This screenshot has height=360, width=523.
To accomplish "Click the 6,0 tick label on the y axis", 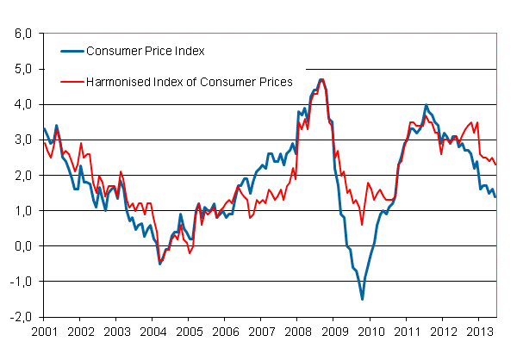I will (22, 34).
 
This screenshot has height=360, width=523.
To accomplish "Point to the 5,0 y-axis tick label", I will (22, 69).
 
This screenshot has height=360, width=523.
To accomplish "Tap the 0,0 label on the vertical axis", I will (22, 245).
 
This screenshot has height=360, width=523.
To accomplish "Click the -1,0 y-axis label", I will (20, 281).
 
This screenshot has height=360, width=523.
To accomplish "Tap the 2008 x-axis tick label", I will (297, 331).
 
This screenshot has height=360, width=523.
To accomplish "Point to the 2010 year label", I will (370, 331).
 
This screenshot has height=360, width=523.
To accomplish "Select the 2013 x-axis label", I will (478, 331).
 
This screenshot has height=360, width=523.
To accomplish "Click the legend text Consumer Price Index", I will (145, 51).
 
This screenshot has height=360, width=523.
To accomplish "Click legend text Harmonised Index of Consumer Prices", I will (190, 82).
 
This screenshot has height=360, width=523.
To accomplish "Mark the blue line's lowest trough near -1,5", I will (362, 299).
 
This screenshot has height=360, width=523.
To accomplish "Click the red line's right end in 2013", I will (495, 164).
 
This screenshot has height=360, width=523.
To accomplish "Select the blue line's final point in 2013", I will (495, 196).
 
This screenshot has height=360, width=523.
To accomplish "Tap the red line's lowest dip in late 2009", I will (362, 224).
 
